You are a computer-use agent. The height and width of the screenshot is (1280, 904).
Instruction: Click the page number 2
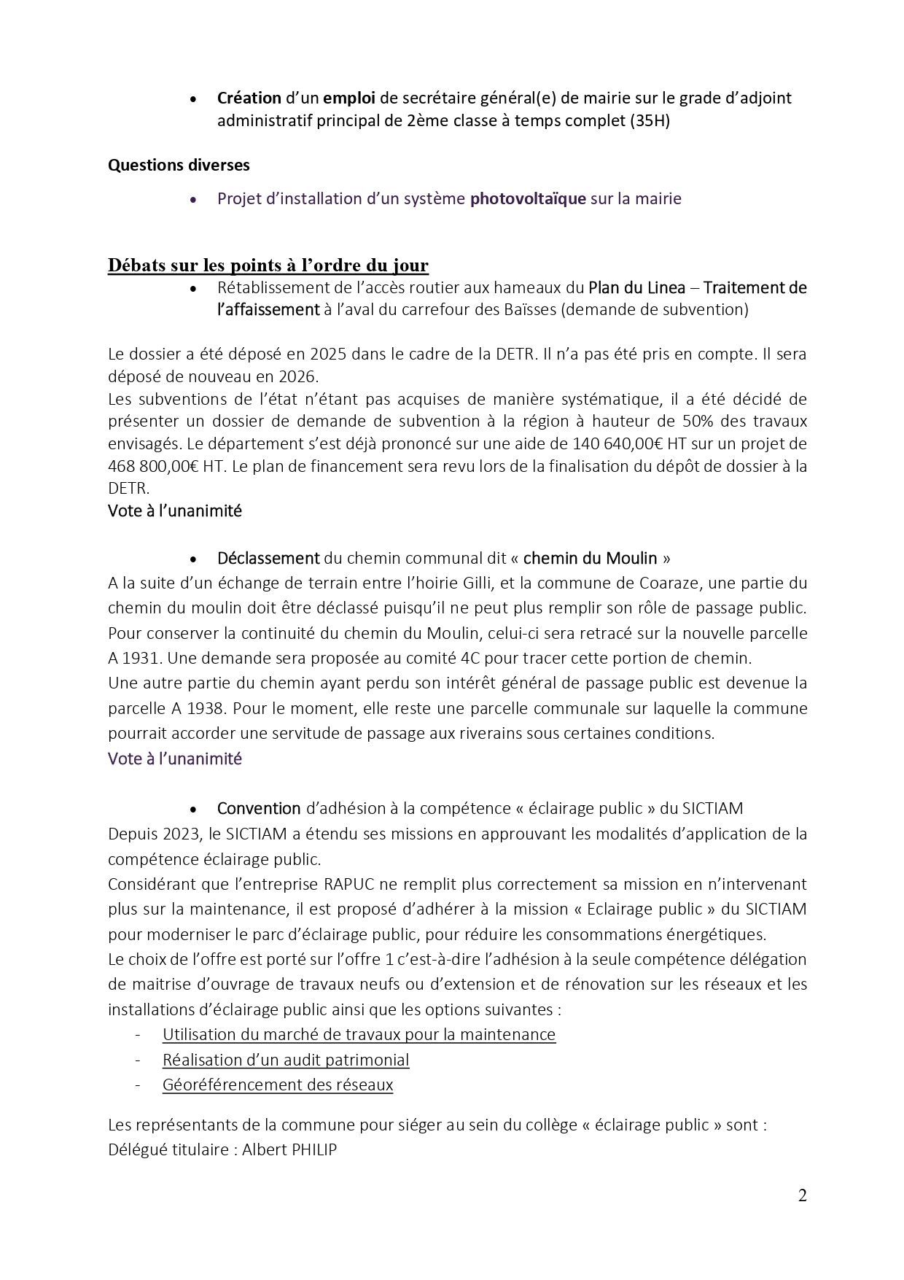(802, 1195)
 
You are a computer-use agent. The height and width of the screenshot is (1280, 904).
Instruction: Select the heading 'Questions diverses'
(179, 166)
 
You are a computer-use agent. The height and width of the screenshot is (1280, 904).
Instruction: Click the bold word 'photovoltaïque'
(528, 198)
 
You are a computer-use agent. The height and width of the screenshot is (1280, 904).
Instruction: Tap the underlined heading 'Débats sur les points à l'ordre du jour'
(268, 265)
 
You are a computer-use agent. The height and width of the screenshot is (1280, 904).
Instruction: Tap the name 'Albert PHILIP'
(289, 1150)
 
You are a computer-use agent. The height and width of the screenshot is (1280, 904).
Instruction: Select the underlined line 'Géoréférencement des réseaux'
(278, 1085)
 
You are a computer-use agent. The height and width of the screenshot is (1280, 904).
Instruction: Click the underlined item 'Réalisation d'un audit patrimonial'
(286, 1060)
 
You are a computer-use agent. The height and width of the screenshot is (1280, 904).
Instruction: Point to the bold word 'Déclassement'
(268, 559)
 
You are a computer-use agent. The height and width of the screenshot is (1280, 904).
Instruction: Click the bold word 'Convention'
(259, 808)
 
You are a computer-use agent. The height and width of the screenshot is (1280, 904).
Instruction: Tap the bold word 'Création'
(249, 98)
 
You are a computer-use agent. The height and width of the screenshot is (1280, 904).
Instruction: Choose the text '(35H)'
(650, 120)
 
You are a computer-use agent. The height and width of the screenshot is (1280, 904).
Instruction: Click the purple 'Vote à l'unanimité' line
(175, 759)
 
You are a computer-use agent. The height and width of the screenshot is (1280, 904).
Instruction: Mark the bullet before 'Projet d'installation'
(193, 199)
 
